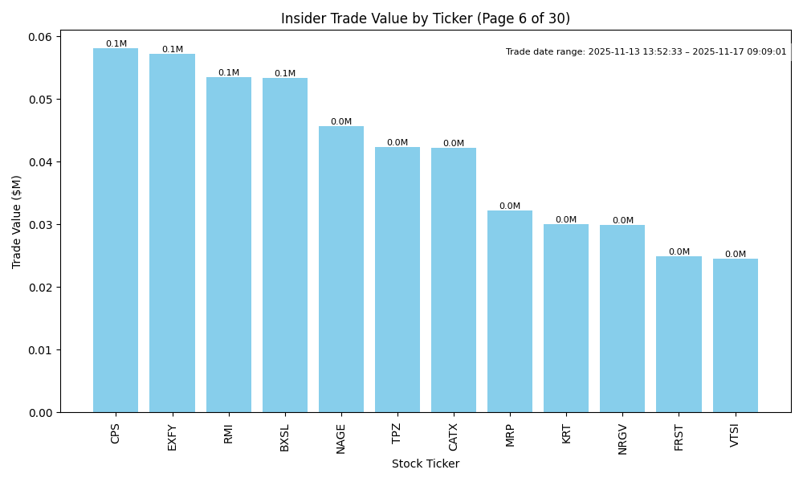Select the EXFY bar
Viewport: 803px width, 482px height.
pos(172,233)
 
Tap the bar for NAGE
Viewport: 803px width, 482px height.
pos(341,269)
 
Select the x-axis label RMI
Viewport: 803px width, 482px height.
pos(229,433)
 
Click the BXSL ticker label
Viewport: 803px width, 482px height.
pos(285,437)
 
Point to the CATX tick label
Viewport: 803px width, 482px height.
pos(454,437)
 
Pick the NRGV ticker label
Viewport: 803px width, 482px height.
pos(623,439)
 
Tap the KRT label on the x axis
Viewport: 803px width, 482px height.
pos(567,433)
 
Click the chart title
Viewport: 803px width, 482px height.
pos(426,18)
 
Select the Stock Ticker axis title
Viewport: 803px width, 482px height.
pos(426,464)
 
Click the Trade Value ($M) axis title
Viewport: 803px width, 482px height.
pos(17,222)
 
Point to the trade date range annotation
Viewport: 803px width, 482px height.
pos(646,52)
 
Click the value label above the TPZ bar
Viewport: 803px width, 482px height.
pos(397,143)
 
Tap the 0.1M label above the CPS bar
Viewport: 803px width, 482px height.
pos(116,44)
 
